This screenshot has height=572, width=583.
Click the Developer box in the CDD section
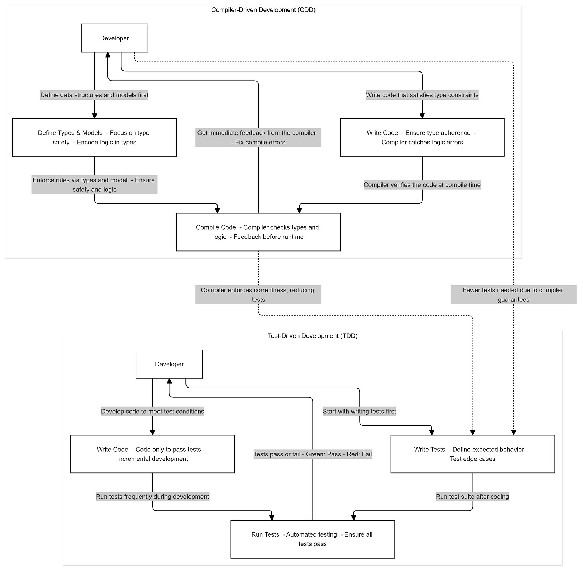point(114,38)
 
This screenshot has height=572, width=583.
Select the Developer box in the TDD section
point(169,364)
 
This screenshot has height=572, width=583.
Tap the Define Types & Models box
point(94,137)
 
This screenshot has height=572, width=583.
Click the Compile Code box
point(258,232)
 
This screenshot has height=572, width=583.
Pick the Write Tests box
point(472,454)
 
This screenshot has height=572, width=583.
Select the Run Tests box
point(312,539)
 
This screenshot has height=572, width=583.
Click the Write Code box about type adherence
point(422,137)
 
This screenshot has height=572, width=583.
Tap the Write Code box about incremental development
point(152,454)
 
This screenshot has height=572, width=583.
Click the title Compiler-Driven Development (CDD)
point(263,10)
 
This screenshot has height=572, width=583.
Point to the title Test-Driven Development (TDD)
point(312,336)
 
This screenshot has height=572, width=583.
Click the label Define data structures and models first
point(94,95)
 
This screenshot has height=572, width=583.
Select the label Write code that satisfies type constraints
point(422,95)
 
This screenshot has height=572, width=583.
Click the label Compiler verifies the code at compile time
point(422,185)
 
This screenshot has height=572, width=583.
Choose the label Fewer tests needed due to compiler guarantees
point(513,295)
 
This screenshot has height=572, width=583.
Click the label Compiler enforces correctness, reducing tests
point(258,295)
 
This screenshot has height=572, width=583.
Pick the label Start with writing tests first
point(359,411)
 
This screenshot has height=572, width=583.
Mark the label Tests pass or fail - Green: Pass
point(312,454)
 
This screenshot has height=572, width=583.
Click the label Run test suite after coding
point(472,497)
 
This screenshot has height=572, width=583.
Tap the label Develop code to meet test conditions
point(152,411)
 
